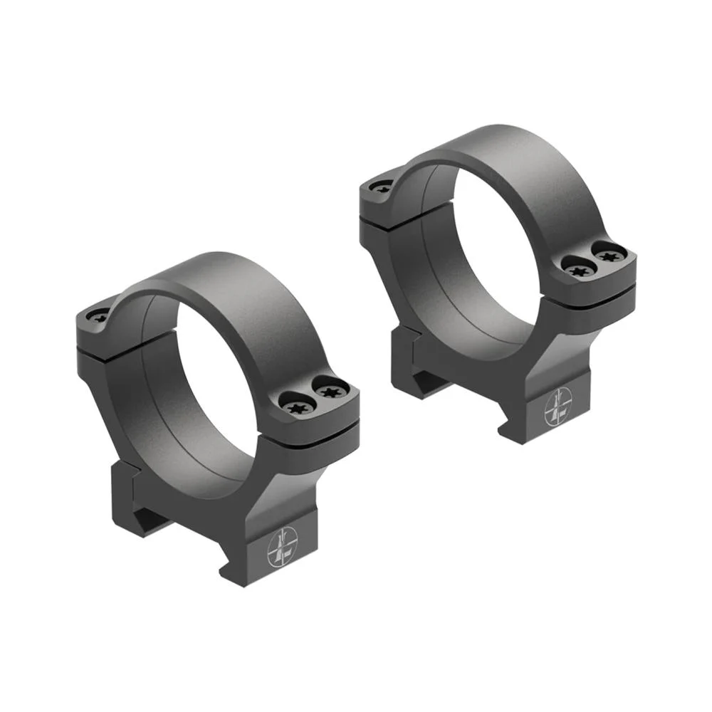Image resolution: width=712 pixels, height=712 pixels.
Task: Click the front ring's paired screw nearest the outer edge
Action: (x=331, y=391)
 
